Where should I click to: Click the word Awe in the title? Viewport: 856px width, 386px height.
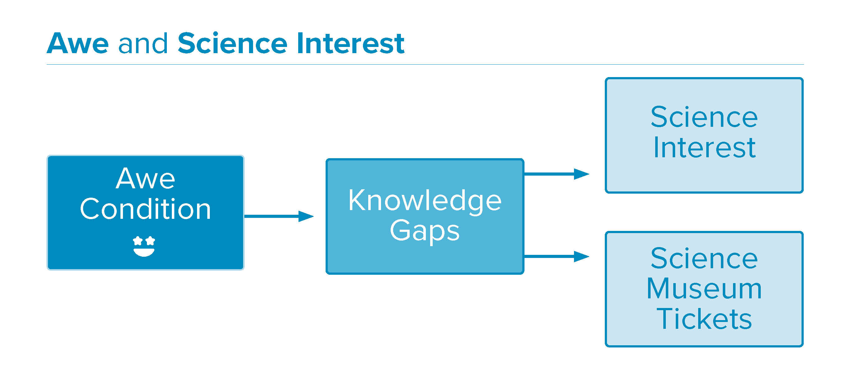(78, 43)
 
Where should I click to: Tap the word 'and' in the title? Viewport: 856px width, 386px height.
(143, 43)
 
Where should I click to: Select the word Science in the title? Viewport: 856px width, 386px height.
(232, 43)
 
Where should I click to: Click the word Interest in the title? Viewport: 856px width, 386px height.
(350, 43)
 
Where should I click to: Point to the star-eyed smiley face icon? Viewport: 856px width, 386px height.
(144, 246)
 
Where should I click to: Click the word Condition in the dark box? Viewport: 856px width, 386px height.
(146, 209)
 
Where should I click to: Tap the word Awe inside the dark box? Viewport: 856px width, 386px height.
(146, 179)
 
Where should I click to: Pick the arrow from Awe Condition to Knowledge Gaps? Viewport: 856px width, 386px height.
(279, 216)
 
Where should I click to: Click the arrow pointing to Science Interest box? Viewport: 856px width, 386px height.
(557, 174)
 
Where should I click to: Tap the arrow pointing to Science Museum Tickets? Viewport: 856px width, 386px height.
(557, 256)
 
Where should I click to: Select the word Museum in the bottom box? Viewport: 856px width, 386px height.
(704, 289)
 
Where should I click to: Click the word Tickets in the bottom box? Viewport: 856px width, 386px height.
(704, 319)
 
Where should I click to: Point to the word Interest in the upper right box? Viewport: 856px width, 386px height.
(704, 147)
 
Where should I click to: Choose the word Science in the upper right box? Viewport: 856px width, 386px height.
(704, 117)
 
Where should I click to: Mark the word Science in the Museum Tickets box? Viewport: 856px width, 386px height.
(704, 259)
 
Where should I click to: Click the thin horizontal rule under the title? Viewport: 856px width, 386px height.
(425, 64)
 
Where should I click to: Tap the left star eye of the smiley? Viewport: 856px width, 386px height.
(138, 241)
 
